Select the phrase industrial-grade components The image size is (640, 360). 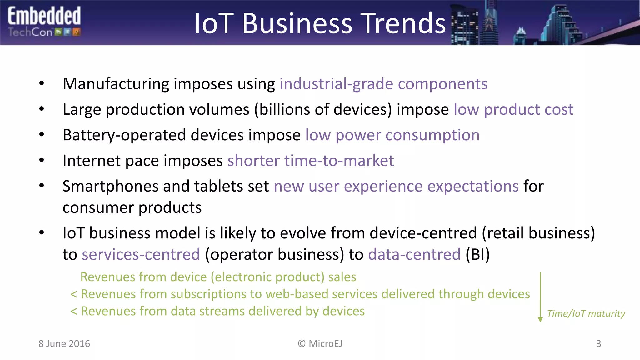[383, 84]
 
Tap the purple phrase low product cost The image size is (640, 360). [513, 109]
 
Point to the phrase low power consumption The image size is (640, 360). [392, 135]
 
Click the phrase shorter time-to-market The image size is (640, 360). [310, 161]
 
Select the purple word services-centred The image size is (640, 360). [141, 254]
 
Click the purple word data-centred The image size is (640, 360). [414, 254]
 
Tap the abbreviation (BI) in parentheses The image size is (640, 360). [477, 254]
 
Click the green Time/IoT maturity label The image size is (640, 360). [586, 313]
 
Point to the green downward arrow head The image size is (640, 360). [540, 319]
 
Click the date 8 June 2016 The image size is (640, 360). [64, 344]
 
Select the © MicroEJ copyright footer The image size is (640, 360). [320, 344]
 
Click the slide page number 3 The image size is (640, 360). [598, 344]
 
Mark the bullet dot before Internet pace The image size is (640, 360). [42, 160]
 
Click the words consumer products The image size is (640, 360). [132, 208]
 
